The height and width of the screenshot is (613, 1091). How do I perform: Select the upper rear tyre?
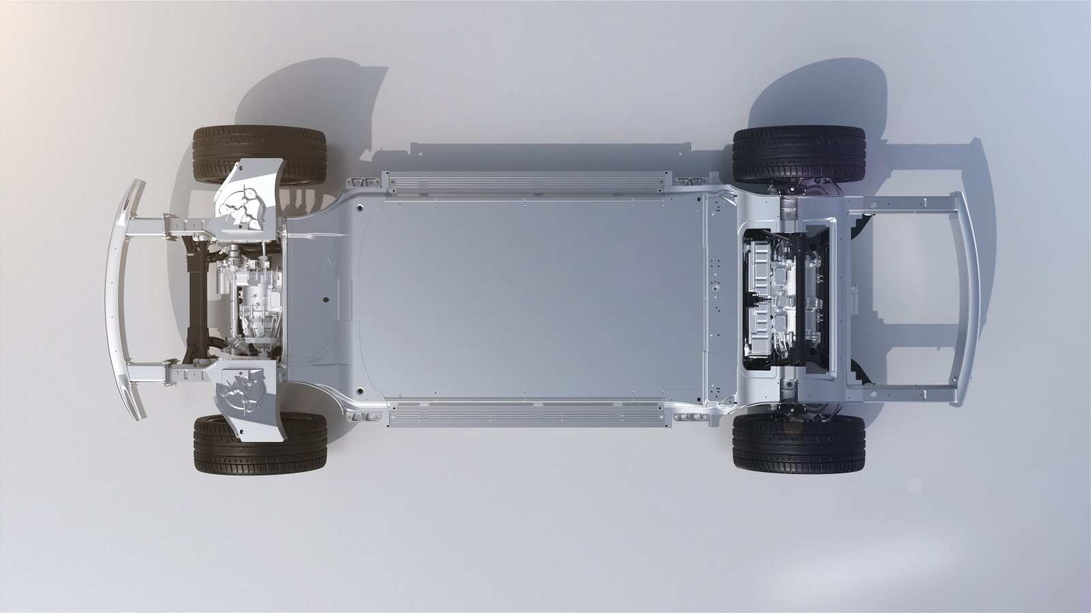tap(798, 155)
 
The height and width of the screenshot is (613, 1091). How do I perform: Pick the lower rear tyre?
tap(798, 444)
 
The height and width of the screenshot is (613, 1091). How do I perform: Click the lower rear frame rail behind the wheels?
tap(900, 394)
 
